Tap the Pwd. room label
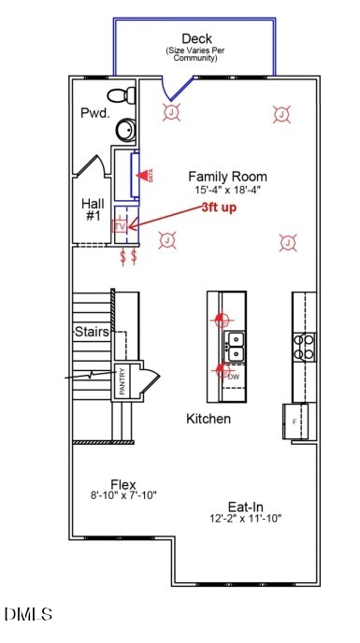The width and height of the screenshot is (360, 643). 94,113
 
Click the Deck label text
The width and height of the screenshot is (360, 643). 196,38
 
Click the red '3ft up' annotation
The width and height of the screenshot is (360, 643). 219,207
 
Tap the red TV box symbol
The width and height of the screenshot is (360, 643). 119,226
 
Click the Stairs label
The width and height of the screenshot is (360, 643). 92,332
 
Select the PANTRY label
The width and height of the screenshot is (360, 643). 122,382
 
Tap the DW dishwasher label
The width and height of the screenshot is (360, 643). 234,377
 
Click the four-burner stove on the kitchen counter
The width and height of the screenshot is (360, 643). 304,347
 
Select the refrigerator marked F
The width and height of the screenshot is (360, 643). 295,422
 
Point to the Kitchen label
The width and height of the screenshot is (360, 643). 208,419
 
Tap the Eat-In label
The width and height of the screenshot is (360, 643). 245,506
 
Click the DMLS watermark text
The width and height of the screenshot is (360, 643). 28,614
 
